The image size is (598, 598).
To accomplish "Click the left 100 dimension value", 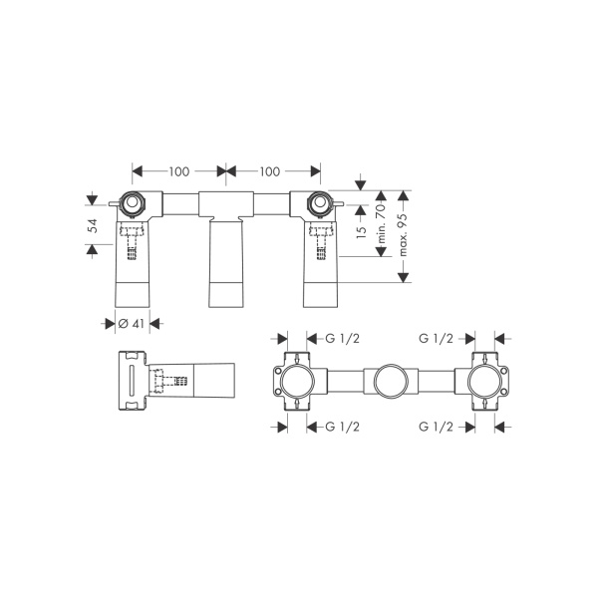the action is [x=179, y=171].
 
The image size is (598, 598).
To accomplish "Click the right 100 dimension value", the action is [x=270, y=171].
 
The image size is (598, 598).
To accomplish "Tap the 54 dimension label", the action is [x=93, y=226].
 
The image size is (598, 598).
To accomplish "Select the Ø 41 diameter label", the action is [x=132, y=324].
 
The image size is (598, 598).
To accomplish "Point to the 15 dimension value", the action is [x=361, y=232].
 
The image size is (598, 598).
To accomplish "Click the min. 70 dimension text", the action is [x=382, y=223].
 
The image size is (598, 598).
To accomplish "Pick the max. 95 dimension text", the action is [x=403, y=234].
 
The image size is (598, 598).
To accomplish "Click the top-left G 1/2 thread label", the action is [x=342, y=338].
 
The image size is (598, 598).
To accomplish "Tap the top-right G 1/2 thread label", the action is [x=436, y=338].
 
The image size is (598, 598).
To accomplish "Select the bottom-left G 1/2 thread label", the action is [x=342, y=427].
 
